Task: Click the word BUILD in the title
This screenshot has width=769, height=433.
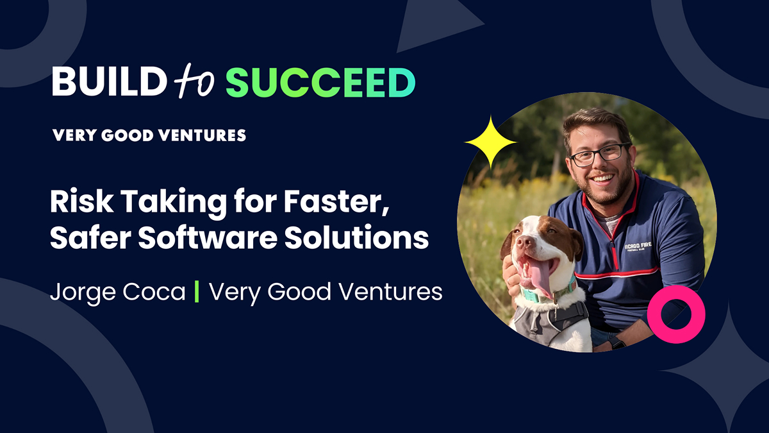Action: click(105, 83)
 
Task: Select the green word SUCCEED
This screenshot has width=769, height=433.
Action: click(320, 83)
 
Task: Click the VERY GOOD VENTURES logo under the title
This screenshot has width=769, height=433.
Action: click(149, 135)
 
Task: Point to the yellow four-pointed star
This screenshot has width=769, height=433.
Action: click(490, 142)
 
